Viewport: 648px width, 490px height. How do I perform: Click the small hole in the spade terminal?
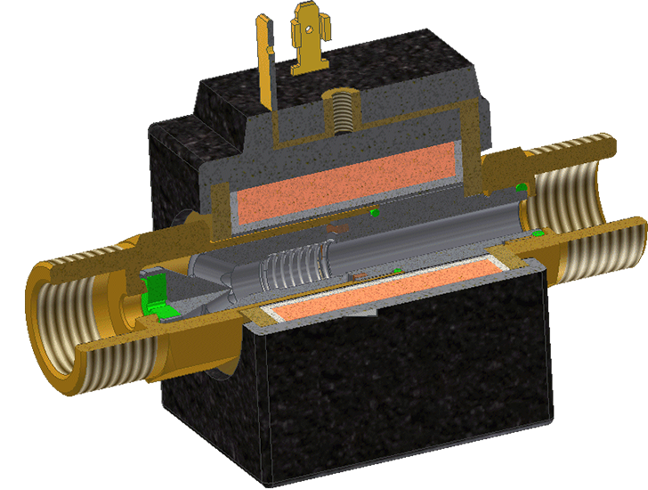pyautogui.click(x=309, y=28)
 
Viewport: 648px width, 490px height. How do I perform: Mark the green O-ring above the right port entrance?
pyautogui.click(x=520, y=186)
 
